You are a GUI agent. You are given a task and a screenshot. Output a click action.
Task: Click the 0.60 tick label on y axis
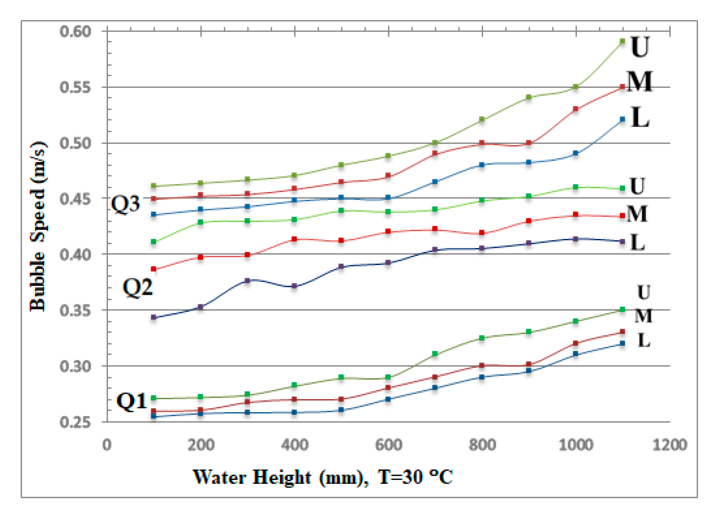click(x=75, y=31)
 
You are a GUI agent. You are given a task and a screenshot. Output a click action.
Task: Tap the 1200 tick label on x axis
click(x=670, y=445)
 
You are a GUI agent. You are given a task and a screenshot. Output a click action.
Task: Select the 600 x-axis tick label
click(x=388, y=445)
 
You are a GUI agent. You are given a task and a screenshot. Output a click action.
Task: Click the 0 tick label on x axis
click(x=107, y=445)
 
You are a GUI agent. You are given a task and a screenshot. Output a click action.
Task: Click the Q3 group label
click(x=126, y=204)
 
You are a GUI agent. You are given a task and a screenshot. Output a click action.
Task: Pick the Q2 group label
click(x=137, y=288)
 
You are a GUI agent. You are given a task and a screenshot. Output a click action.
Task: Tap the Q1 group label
click(x=132, y=401)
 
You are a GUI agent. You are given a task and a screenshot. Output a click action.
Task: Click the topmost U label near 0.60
click(x=640, y=47)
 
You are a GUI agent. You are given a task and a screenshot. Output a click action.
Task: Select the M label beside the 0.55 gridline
click(x=639, y=81)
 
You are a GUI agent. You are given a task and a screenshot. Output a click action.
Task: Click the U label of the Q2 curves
click(x=637, y=186)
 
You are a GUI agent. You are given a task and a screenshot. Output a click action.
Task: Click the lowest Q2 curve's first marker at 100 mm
click(x=154, y=317)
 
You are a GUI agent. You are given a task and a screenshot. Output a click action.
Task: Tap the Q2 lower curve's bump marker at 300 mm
click(x=247, y=281)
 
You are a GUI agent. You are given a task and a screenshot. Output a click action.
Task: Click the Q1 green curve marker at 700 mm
click(x=435, y=354)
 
